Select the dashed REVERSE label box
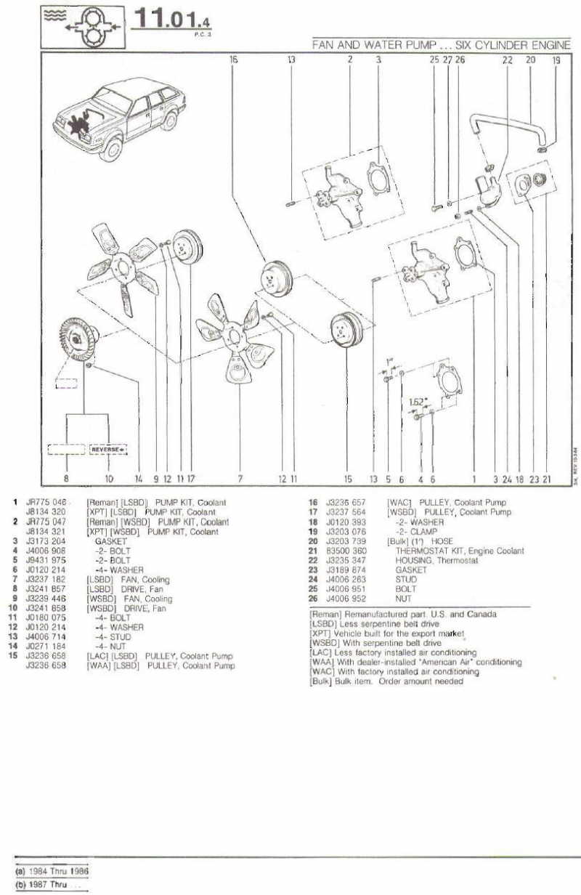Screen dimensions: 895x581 click(107, 449)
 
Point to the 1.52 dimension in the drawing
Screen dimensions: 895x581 click(416, 402)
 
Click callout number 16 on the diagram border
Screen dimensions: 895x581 click(233, 61)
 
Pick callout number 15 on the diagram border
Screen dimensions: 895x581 click(348, 479)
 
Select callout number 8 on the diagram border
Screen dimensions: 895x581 click(66, 479)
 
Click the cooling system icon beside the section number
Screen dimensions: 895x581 click(86, 24)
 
